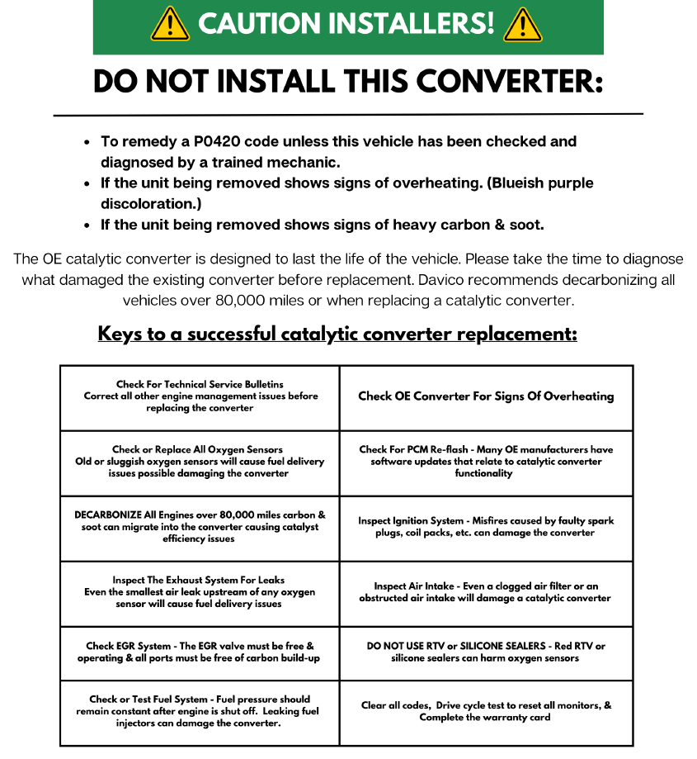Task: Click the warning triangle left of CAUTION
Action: (171, 26)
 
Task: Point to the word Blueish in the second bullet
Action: (535, 183)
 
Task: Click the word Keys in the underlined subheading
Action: (120, 334)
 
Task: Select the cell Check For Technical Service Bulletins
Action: (200, 396)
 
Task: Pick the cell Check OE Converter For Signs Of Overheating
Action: (486, 396)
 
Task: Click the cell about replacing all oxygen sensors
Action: (200, 462)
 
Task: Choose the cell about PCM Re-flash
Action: (486, 462)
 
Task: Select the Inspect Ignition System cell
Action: (486, 527)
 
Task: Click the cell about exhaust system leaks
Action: (200, 592)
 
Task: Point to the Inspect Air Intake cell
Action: (486, 592)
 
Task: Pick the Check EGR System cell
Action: (200, 652)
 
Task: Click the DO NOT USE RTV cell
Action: (486, 652)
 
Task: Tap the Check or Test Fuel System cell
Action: (200, 711)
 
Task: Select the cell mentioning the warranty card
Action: (486, 711)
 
